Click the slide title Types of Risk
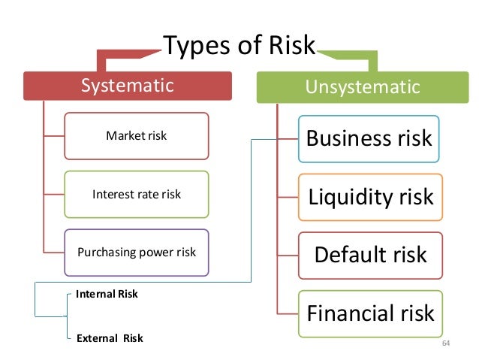coord(240,46)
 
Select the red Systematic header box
coord(127,86)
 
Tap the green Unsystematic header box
coord(362,88)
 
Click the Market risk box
coord(136,136)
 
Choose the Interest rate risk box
coord(136,194)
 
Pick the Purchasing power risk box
coord(136,252)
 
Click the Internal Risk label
coord(107,294)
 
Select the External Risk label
coord(109,338)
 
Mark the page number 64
coord(446,343)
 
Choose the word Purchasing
coord(104,252)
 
